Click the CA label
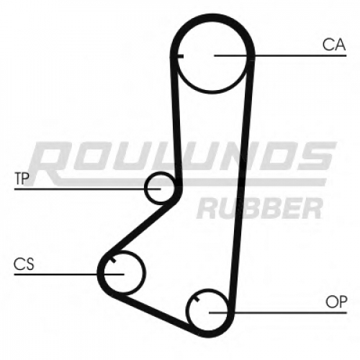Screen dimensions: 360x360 click(x=334, y=45)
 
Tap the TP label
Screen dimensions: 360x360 click(x=22, y=179)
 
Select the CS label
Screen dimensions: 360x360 click(x=24, y=264)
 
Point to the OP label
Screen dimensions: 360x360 click(x=336, y=302)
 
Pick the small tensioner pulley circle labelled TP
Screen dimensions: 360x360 click(x=145, y=189)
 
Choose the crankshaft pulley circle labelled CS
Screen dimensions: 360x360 click(x=145, y=273)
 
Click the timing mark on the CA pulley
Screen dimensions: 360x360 click(x=180, y=56)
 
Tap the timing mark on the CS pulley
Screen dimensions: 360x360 click(x=113, y=260)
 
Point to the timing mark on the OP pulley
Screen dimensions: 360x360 click(x=197, y=299)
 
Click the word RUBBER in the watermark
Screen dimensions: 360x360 click(x=260, y=208)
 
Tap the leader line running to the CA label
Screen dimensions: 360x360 click(x=280, y=55)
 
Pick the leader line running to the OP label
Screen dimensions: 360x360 click(x=278, y=312)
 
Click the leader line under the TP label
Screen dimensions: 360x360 click(x=87, y=189)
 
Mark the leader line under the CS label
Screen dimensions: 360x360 click(x=69, y=274)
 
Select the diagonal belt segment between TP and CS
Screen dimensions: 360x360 click(x=140, y=228)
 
